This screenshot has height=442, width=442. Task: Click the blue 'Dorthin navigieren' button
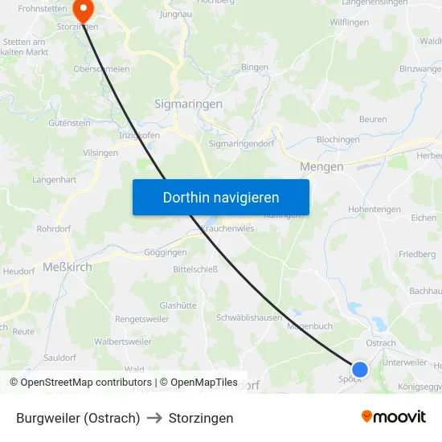(221, 197)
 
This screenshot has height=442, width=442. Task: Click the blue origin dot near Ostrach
(360, 369)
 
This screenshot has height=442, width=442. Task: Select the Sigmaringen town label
(188, 104)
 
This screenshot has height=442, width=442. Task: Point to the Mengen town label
(321, 166)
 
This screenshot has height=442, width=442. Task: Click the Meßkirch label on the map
(67, 267)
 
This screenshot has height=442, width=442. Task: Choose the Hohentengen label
(374, 210)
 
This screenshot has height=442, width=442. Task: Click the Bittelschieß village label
(195, 269)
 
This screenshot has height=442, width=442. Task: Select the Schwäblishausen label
(249, 317)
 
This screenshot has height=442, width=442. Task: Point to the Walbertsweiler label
(123, 342)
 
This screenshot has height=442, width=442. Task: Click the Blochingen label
(338, 139)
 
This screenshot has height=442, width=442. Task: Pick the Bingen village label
(255, 68)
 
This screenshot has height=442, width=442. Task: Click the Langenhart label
(55, 180)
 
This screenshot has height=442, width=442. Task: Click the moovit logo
(394, 417)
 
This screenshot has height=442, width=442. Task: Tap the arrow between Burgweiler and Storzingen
(154, 418)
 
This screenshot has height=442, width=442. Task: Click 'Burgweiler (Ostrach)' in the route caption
(78, 418)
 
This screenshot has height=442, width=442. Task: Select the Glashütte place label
(178, 305)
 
